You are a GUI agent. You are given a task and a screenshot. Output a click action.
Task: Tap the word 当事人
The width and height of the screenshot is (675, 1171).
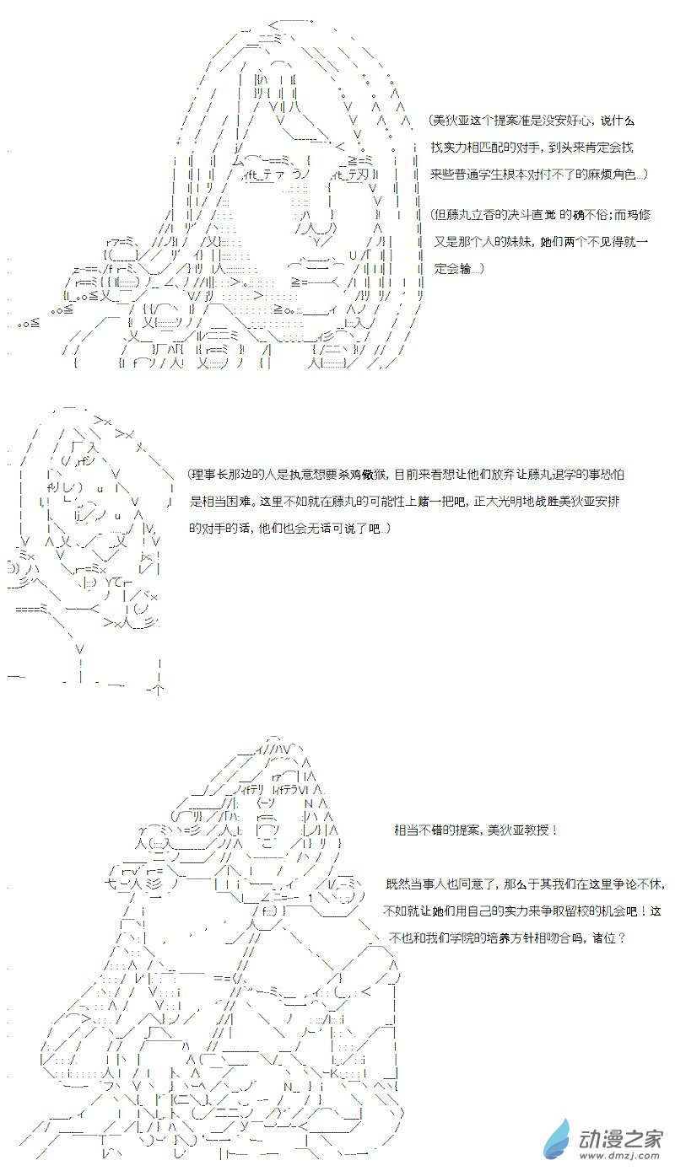tap(425, 884)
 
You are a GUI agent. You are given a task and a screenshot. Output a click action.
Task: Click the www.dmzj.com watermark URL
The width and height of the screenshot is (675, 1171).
tap(618, 1157)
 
